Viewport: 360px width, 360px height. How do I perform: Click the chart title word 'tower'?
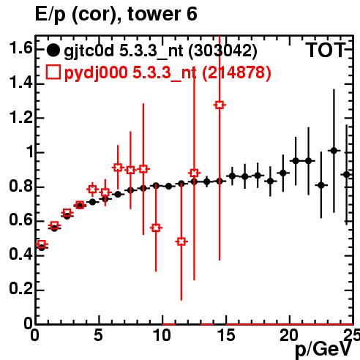tap(154, 14)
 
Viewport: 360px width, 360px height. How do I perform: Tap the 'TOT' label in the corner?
tap(326, 50)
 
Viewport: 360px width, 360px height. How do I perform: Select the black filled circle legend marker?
tap(53, 50)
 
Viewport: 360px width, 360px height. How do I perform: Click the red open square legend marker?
tap(53, 72)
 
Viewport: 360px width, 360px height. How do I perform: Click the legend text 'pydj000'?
tap(96, 73)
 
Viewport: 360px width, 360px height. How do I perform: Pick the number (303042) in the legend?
tap(222, 51)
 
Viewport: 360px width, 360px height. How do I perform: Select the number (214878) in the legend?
tap(236, 73)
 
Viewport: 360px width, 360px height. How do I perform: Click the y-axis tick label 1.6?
tap(20, 48)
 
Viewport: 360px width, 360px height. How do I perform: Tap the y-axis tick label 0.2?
tap(20, 288)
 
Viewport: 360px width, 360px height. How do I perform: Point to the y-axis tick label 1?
tap(30, 152)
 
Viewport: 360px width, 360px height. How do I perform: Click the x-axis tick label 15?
tap(227, 335)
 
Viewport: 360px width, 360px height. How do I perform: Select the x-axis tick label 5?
tap(98, 335)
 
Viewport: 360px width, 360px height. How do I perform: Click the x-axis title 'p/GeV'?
tap(323, 350)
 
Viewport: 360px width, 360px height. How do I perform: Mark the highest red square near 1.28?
tap(220, 105)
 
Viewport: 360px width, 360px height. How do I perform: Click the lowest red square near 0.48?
tap(181, 241)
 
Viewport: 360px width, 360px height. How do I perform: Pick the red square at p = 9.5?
tap(156, 228)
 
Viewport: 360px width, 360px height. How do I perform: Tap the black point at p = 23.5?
tap(334, 151)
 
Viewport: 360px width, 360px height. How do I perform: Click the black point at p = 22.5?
tap(321, 185)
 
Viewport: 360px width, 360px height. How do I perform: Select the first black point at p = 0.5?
tap(42, 247)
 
